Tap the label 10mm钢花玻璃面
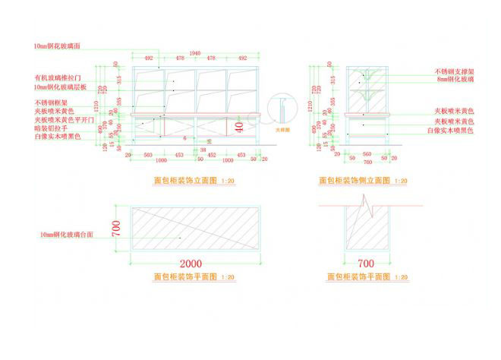click(58, 47)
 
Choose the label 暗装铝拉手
click(51, 128)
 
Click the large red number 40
click(239, 128)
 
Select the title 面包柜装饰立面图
click(185, 181)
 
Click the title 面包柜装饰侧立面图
click(354, 181)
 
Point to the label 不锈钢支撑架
click(455, 71)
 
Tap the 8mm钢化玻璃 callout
click(455, 79)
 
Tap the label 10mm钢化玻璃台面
click(67, 235)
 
